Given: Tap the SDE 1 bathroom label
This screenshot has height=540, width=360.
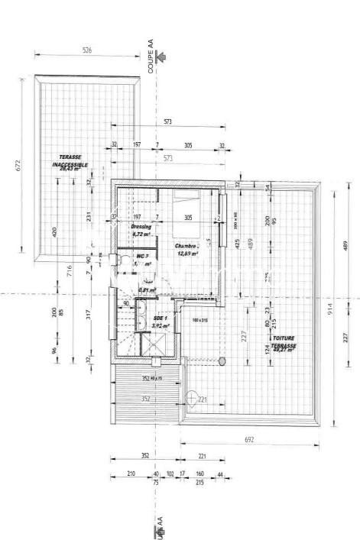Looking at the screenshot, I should point(161,322).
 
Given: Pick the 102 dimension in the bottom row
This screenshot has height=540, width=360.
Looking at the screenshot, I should point(170,474).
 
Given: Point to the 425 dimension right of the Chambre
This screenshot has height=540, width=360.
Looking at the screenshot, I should point(238,245).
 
